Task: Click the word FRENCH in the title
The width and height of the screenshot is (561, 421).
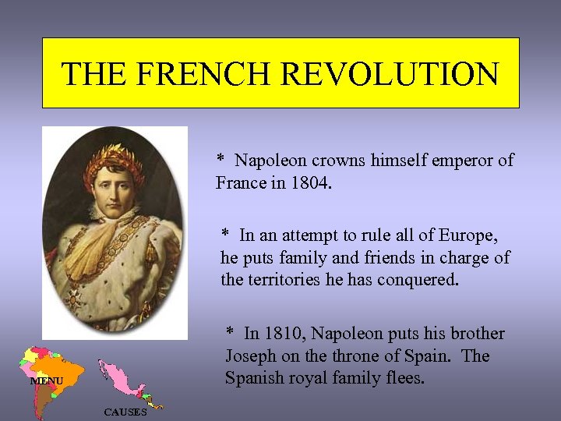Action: click(x=205, y=74)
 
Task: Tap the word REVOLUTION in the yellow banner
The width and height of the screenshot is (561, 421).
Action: click(x=390, y=74)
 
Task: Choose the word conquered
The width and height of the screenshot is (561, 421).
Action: click(x=418, y=280)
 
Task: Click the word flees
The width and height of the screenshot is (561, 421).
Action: click(x=406, y=378)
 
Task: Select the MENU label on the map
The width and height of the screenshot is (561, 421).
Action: click(x=46, y=381)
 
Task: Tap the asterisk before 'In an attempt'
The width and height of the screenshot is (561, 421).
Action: click(x=225, y=235)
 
